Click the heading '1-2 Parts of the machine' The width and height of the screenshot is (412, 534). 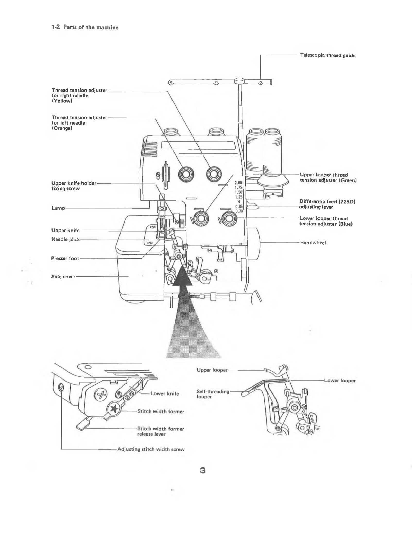[x=85, y=28]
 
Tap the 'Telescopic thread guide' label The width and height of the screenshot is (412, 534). [x=328, y=55]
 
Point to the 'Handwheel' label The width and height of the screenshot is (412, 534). [x=313, y=243]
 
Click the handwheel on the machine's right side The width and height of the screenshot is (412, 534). [x=254, y=244]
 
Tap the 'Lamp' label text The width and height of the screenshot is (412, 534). [x=58, y=208]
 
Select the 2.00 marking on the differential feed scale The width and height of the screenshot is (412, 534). [x=238, y=183]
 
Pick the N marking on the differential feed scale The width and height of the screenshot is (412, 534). [x=239, y=202]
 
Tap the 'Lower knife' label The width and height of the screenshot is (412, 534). [x=165, y=394]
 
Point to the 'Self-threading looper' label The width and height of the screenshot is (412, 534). [x=213, y=394]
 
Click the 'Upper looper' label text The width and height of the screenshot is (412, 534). [x=212, y=370]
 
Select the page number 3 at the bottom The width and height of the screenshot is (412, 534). [x=203, y=471]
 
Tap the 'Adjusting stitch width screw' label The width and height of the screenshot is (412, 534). [x=151, y=449]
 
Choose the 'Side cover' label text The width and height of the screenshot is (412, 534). [x=63, y=277]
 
